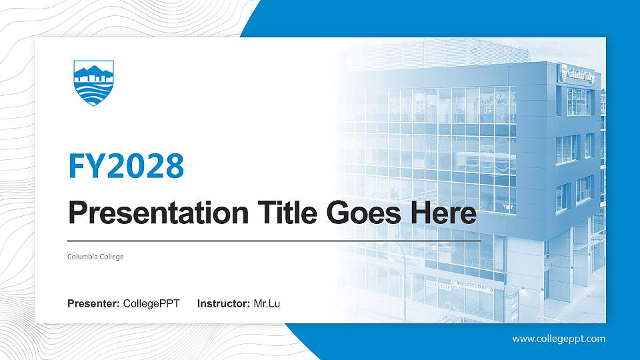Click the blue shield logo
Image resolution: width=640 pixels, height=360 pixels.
pos(93,83)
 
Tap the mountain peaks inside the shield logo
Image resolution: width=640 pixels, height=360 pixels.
pos(93,71)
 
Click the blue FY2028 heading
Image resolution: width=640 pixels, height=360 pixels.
pos(126,166)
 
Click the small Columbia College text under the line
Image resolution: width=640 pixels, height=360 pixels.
pos(95,257)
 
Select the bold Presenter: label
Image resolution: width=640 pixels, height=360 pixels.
pos(93,304)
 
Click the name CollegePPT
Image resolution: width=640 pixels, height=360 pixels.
pos(151,304)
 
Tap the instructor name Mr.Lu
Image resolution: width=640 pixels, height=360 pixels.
pos(267,304)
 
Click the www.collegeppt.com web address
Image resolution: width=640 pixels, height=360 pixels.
pos(559,339)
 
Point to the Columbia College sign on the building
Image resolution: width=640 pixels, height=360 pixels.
pos(578,75)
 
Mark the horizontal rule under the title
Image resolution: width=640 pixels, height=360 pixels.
pos(274,239)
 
